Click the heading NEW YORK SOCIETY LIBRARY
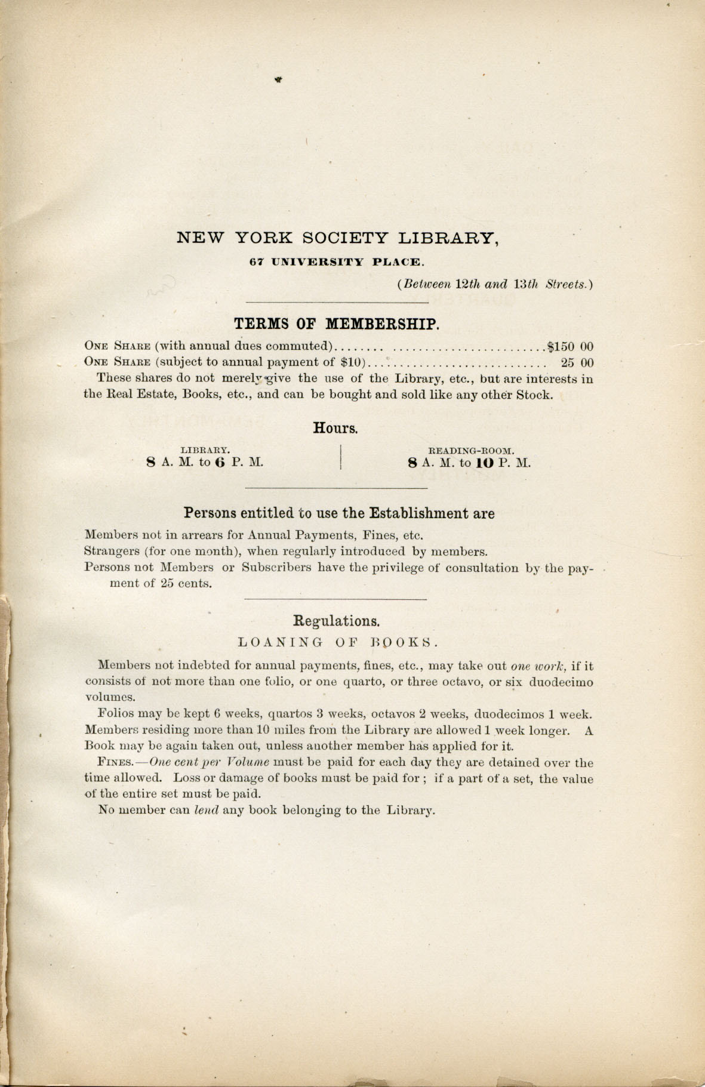coord(337,238)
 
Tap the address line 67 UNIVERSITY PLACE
coord(337,261)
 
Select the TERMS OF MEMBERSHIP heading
coord(337,324)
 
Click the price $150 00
coord(570,346)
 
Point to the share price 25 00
coord(577,362)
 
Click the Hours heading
coord(335,428)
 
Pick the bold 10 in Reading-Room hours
coord(485,463)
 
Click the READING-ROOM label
coord(471,451)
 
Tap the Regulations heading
coord(337,621)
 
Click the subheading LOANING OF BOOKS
coord(338,642)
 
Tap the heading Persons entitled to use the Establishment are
coord(338,513)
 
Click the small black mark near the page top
coord(278,78)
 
